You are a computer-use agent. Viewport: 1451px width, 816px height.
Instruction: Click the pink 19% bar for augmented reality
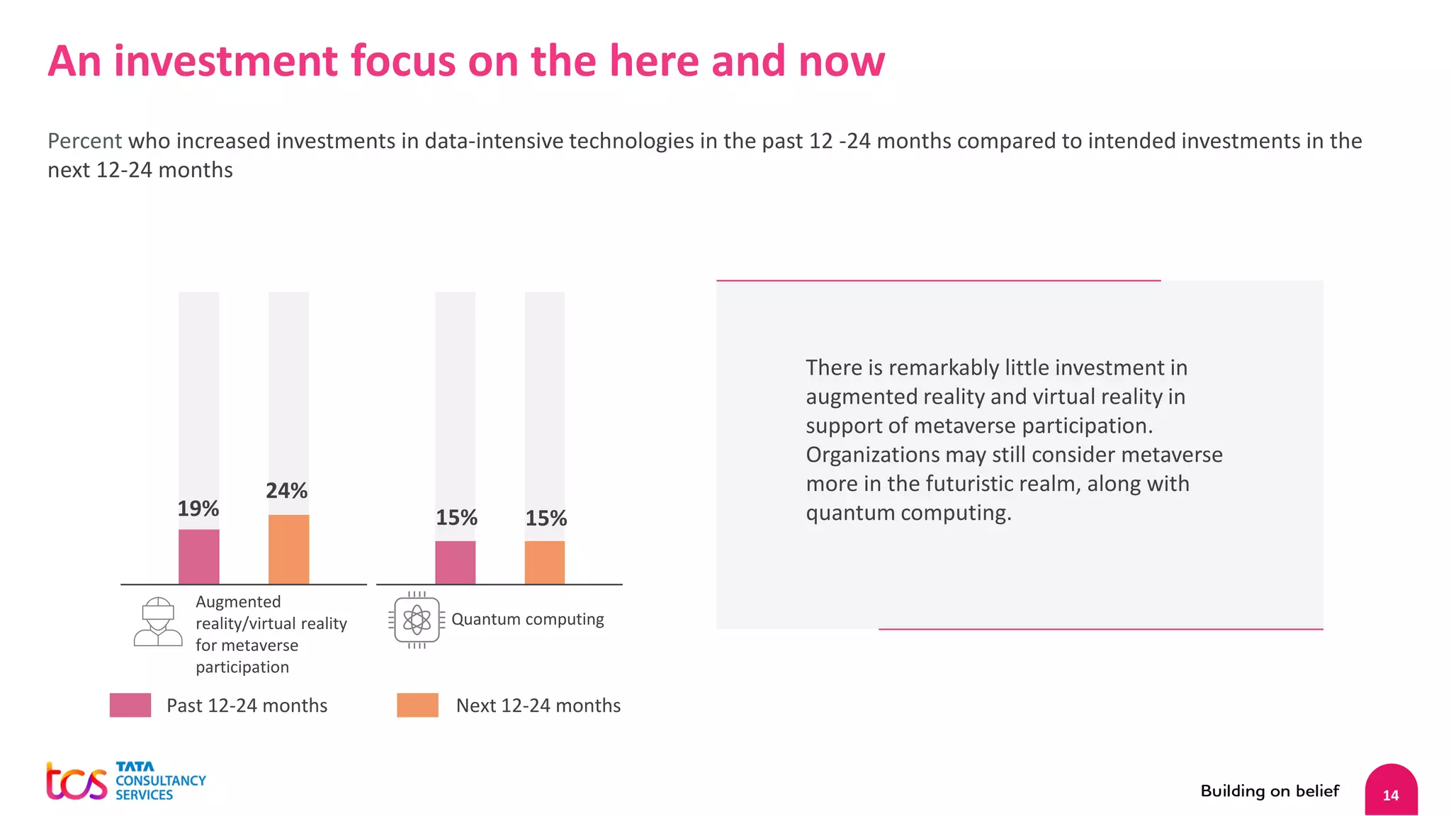pyautogui.click(x=198, y=557)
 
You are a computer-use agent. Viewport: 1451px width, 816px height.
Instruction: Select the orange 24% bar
pyautogui.click(x=288, y=550)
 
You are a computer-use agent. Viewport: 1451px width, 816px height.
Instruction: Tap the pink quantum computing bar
pyautogui.click(x=455, y=562)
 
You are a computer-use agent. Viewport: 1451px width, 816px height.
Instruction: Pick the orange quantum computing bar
pyautogui.click(x=544, y=562)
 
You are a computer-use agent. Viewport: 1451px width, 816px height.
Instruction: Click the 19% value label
pyautogui.click(x=198, y=509)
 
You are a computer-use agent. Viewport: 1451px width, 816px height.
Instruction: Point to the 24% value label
pyautogui.click(x=286, y=491)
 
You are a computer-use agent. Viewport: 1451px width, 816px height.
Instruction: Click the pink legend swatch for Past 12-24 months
pyautogui.click(x=130, y=705)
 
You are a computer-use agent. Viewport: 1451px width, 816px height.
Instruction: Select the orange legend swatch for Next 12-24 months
pyautogui.click(x=417, y=705)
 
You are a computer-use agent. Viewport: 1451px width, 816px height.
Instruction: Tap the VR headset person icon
pyautogui.click(x=158, y=621)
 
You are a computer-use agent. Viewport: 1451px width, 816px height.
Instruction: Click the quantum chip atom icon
pyautogui.click(x=417, y=620)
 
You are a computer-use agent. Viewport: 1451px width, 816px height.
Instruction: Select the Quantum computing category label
pyautogui.click(x=527, y=619)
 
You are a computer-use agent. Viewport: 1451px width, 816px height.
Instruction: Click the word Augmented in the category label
pyautogui.click(x=238, y=602)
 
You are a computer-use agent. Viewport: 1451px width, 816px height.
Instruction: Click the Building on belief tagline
pyautogui.click(x=1270, y=791)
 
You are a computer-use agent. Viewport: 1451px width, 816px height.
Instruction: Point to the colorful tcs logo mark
pyautogui.click(x=76, y=782)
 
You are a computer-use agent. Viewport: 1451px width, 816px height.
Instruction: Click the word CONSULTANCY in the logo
pyautogui.click(x=161, y=781)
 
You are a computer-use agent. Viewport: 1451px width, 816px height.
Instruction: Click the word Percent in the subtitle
pyautogui.click(x=84, y=141)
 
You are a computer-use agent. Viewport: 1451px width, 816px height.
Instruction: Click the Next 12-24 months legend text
pyautogui.click(x=538, y=705)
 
